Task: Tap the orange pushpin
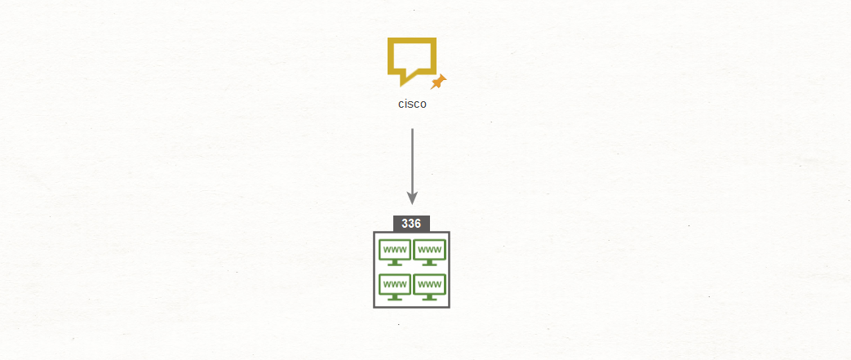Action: (438, 82)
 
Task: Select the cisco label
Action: (413, 104)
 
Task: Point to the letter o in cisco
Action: (423, 104)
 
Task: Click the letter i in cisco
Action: (406, 103)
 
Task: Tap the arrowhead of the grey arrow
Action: (413, 198)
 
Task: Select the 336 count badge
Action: (411, 224)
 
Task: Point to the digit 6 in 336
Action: (418, 224)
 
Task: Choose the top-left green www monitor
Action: (395, 252)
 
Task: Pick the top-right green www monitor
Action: (429, 252)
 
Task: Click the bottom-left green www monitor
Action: (395, 287)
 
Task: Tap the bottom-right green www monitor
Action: (429, 287)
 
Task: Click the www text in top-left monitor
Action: (395, 250)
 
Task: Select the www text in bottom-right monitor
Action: (429, 285)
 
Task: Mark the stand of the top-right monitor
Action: (429, 263)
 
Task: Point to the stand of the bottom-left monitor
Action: (395, 298)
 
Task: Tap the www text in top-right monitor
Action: (429, 250)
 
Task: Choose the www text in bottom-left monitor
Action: (395, 285)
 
